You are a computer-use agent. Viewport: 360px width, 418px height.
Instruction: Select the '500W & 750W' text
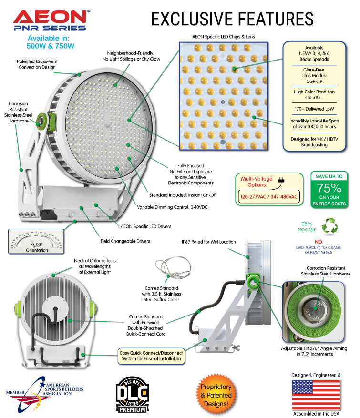[51, 46]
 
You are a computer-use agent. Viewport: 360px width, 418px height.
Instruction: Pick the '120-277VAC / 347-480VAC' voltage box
[269, 196]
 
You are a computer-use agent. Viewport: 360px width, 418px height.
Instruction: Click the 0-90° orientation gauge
[37, 240]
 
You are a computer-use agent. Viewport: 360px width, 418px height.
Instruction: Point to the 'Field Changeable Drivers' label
[125, 241]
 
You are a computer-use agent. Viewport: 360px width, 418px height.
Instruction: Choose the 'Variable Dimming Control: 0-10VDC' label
[173, 207]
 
